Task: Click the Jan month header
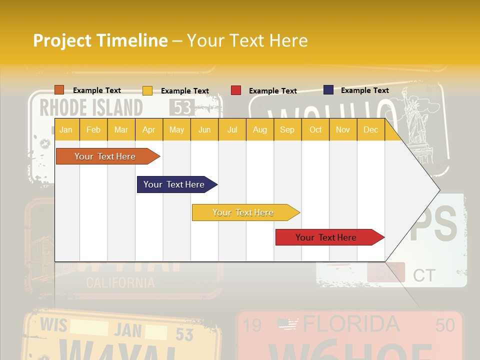click(x=66, y=129)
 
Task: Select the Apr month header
click(x=148, y=129)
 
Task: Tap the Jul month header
click(x=232, y=129)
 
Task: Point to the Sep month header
click(x=287, y=129)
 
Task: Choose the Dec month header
click(x=370, y=129)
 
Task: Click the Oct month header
click(x=315, y=129)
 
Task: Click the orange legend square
click(x=59, y=90)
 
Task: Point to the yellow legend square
click(x=147, y=90)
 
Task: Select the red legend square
click(x=235, y=90)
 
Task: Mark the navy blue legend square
click(x=328, y=90)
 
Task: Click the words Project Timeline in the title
click(x=100, y=40)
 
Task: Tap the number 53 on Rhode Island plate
click(x=182, y=107)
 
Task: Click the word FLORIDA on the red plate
click(x=351, y=324)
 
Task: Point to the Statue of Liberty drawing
click(x=414, y=115)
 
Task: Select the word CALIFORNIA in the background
click(x=120, y=283)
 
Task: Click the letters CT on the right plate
click(x=424, y=275)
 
